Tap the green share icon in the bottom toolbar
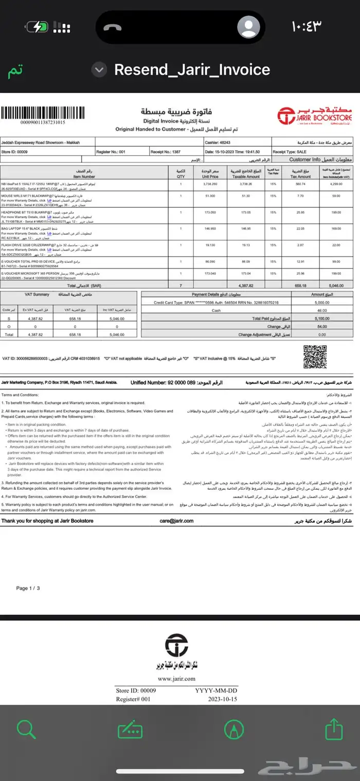(x=334, y=729)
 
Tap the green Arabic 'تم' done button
(x=15, y=71)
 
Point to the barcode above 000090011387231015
(x=35, y=113)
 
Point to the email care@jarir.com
(x=176, y=521)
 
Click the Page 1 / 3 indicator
(x=28, y=588)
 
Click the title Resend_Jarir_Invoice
(x=192, y=70)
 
